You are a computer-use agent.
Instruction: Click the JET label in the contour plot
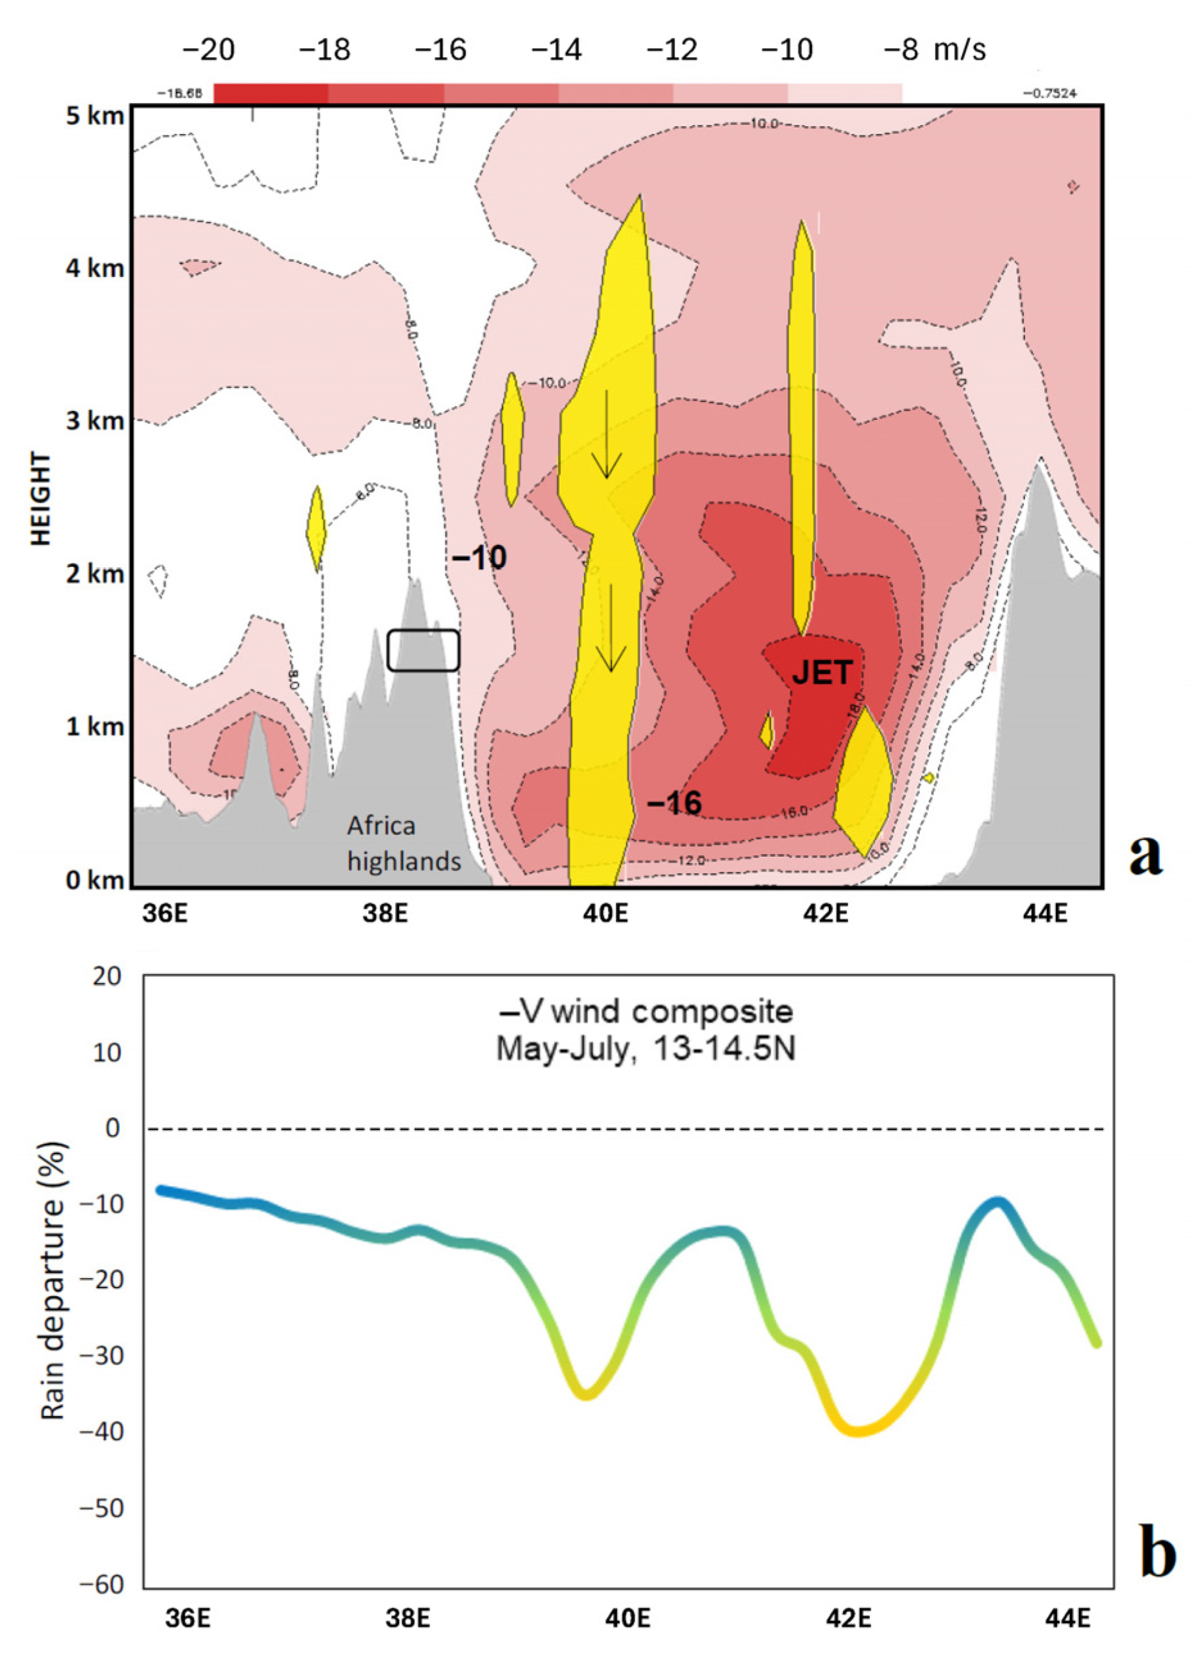[822, 672]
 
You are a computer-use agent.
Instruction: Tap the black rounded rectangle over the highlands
[423, 650]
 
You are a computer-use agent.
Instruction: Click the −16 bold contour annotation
[674, 803]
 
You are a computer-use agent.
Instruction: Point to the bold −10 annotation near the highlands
[479, 558]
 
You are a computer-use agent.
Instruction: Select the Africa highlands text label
[403, 843]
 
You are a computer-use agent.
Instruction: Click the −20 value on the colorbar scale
[208, 49]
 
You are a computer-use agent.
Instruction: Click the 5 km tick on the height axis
[95, 116]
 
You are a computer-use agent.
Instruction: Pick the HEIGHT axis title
[42, 498]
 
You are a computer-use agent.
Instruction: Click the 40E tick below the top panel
[606, 913]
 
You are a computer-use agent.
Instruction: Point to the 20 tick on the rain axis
[108, 976]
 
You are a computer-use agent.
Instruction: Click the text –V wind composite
[645, 1012]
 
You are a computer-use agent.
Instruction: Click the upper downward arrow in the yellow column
[606, 435]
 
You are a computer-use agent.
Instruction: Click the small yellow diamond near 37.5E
[316, 528]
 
